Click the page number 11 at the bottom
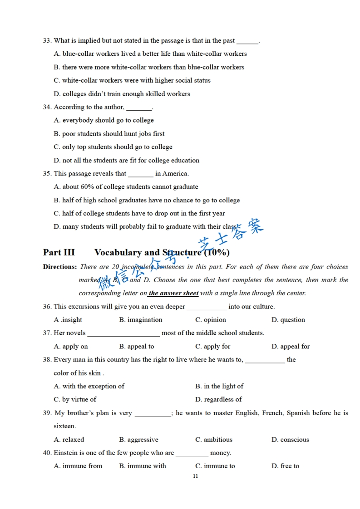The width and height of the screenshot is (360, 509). (195, 476)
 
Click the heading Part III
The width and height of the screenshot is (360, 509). (59, 253)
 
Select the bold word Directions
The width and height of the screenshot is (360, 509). (59, 267)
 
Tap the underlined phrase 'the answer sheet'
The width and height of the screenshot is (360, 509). (173, 293)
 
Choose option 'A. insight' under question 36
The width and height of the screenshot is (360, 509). (68, 320)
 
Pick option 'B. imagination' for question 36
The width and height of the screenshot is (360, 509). (140, 320)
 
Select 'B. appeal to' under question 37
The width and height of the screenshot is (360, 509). (136, 347)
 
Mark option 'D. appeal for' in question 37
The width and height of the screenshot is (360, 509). (291, 347)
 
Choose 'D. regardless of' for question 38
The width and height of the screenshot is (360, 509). (218, 400)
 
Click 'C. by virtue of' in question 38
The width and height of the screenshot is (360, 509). (75, 400)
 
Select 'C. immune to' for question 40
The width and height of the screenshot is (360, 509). (215, 466)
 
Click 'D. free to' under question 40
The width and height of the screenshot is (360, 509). (285, 466)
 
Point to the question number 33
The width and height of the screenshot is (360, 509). (47, 41)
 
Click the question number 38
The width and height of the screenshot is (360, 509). (47, 360)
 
